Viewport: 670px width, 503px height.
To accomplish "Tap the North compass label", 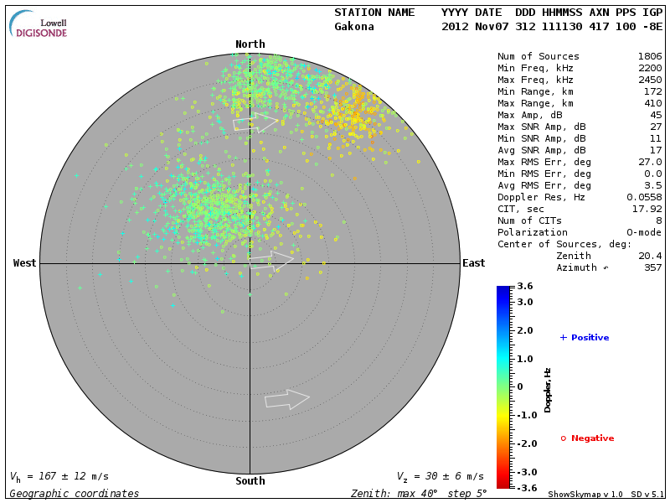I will (x=250, y=44).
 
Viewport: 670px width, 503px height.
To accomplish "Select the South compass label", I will (x=250, y=481).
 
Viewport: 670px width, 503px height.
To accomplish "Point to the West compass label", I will (x=25, y=263).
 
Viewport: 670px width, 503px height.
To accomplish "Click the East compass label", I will (x=473, y=263).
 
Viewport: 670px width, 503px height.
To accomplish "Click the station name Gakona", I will (x=354, y=26).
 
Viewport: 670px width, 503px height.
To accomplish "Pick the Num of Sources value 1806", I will (x=650, y=57).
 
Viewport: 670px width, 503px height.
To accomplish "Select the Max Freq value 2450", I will (x=650, y=80).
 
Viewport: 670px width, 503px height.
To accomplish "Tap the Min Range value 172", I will (x=653, y=92).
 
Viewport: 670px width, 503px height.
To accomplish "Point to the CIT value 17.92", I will (x=647, y=209).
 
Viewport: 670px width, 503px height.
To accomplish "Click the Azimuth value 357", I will (x=653, y=267).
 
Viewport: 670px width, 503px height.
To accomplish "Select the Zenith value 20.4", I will (x=651, y=256).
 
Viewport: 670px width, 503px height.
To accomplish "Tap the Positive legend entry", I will (x=585, y=338).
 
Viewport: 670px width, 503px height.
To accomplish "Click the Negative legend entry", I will (x=587, y=438).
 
